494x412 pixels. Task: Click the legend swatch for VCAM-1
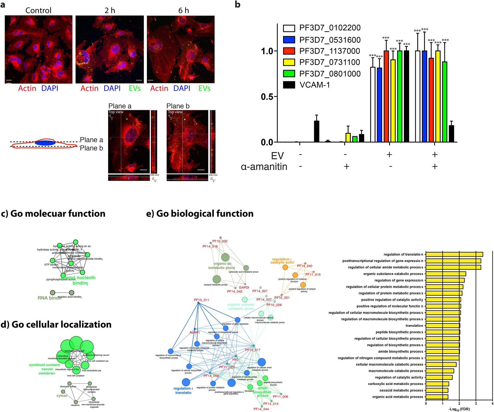tap(289, 85)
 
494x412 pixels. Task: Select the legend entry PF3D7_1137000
tap(330, 51)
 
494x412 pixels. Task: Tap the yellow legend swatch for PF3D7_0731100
tap(289, 62)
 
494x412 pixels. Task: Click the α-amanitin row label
tap(264, 167)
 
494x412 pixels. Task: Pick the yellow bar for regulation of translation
tap(454, 254)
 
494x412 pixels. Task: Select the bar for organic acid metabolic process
tap(437, 397)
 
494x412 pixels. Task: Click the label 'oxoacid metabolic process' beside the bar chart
tap(401, 390)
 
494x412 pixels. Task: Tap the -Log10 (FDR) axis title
tap(459, 409)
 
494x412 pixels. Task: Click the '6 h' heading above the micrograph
tap(184, 10)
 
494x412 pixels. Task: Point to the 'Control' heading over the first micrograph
tap(38, 10)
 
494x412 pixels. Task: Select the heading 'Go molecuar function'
tap(53, 213)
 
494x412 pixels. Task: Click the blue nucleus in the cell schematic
tap(45, 143)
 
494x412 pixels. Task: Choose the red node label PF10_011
tap(201, 300)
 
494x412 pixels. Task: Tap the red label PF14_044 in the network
tap(261, 409)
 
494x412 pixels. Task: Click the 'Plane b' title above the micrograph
tap(178, 106)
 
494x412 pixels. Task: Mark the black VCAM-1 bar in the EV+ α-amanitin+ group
tap(451, 134)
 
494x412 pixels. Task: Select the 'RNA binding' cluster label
tap(50, 298)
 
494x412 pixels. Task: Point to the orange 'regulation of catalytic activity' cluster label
tap(282, 261)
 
